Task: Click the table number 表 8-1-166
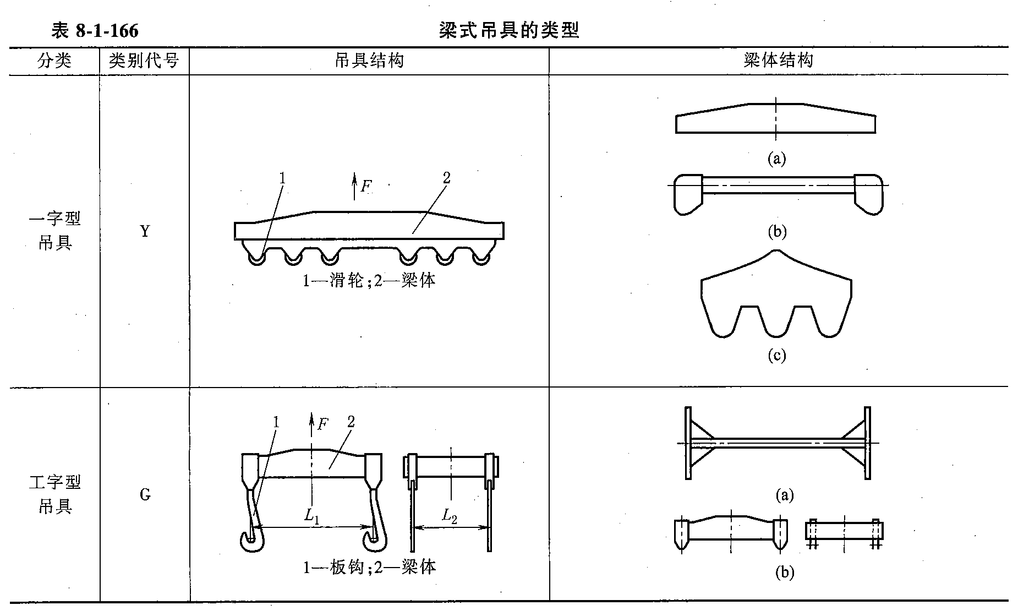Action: [95, 31]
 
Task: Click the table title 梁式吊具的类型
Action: [509, 30]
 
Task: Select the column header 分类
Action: [54, 61]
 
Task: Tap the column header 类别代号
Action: [144, 61]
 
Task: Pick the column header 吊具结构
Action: [369, 61]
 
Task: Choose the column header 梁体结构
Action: [778, 61]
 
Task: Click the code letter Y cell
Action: [145, 231]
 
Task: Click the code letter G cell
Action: [145, 495]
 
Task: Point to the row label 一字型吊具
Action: [54, 231]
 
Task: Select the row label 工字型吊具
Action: [54, 494]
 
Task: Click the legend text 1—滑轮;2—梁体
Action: [369, 281]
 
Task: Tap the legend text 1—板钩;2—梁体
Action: [369, 567]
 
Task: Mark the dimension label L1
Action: [312, 516]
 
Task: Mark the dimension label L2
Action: [450, 516]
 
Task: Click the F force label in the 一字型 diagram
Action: [366, 186]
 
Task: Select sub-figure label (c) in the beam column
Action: [776, 356]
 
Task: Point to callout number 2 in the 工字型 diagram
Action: [351, 422]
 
